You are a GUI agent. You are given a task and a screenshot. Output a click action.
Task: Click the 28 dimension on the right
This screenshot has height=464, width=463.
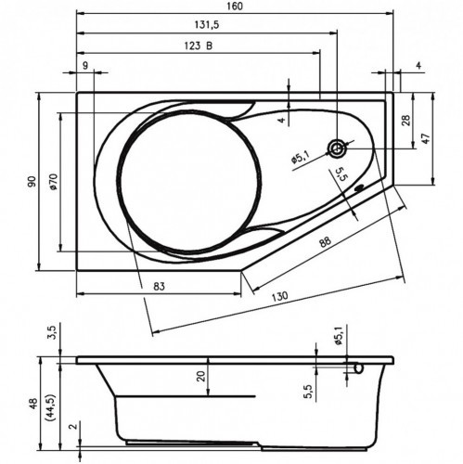(405, 120)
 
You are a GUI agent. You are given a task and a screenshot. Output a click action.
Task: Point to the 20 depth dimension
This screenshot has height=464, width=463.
(199, 376)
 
